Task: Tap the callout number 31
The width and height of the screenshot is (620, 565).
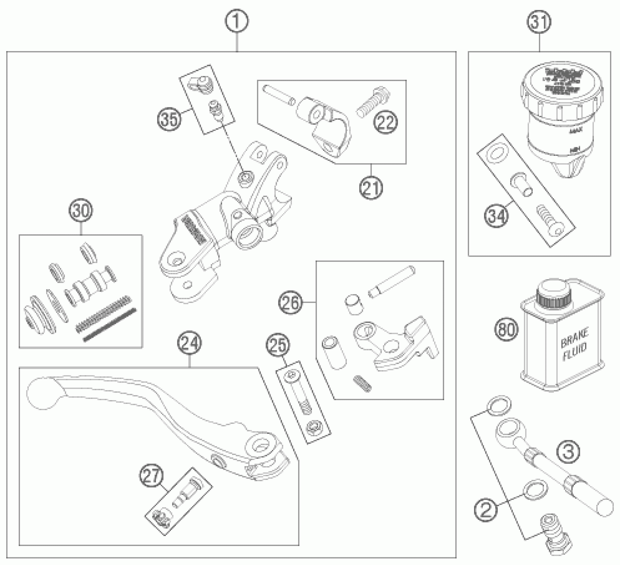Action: click(539, 22)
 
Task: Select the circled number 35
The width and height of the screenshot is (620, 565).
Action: click(169, 119)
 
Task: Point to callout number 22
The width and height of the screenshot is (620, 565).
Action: click(386, 122)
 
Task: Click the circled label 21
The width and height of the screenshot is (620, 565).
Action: click(371, 188)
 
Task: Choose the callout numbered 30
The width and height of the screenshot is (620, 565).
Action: click(81, 211)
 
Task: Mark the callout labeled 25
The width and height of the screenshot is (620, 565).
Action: click(278, 345)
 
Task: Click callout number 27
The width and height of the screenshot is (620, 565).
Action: click(151, 477)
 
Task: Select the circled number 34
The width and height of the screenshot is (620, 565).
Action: click(496, 215)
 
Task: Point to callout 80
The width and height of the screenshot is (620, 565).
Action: click(507, 329)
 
